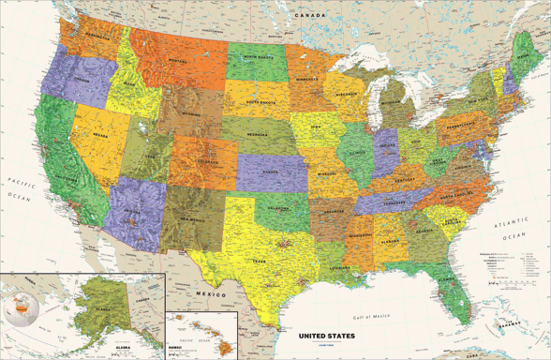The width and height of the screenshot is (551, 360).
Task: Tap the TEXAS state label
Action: pos(259,262)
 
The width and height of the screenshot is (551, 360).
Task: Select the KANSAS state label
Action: pos(273,173)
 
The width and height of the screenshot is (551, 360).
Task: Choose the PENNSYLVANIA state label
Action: pos(462,124)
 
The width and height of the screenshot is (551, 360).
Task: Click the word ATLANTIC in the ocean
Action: pos(513,221)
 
